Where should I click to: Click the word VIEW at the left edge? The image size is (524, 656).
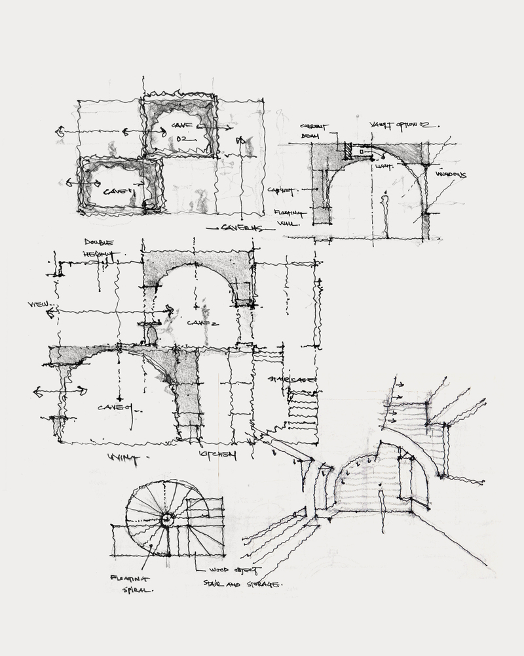click(x=40, y=305)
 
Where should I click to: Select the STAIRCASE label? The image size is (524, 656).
click(x=292, y=380)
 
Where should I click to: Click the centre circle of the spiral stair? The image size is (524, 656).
click(x=167, y=520)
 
